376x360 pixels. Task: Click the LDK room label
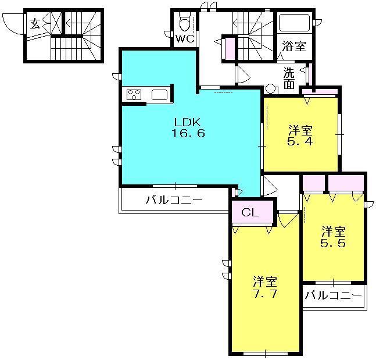(188, 122)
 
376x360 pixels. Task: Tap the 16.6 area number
(188, 133)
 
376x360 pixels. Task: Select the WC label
(185, 39)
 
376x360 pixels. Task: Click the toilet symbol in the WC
(185, 23)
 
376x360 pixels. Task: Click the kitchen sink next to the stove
(159, 95)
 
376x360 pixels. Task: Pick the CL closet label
(250, 212)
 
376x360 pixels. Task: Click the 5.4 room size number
(301, 141)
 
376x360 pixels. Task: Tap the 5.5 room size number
(334, 243)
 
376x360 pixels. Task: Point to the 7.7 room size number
(264, 293)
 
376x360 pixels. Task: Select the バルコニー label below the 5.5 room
(334, 295)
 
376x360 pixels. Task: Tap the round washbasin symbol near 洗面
(270, 90)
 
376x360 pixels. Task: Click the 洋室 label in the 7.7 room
(264, 281)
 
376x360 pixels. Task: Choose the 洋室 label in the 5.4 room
(301, 130)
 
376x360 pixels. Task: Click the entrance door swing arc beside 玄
(13, 23)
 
